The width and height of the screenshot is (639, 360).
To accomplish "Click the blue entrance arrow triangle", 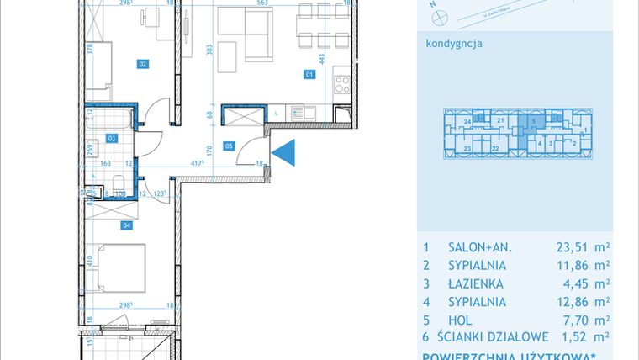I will (287, 152).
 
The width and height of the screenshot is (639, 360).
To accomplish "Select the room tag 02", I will (142, 63).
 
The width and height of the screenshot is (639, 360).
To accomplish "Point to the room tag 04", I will (127, 225).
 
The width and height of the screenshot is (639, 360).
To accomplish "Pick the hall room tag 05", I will (229, 146).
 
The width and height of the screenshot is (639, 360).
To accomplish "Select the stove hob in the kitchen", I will (342, 84).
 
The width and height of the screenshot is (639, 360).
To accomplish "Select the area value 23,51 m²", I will (582, 247).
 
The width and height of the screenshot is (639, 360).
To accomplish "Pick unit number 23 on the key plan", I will (466, 147).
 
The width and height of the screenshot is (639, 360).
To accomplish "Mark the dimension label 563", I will (262, 3).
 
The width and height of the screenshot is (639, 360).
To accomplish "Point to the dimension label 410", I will (89, 273).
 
